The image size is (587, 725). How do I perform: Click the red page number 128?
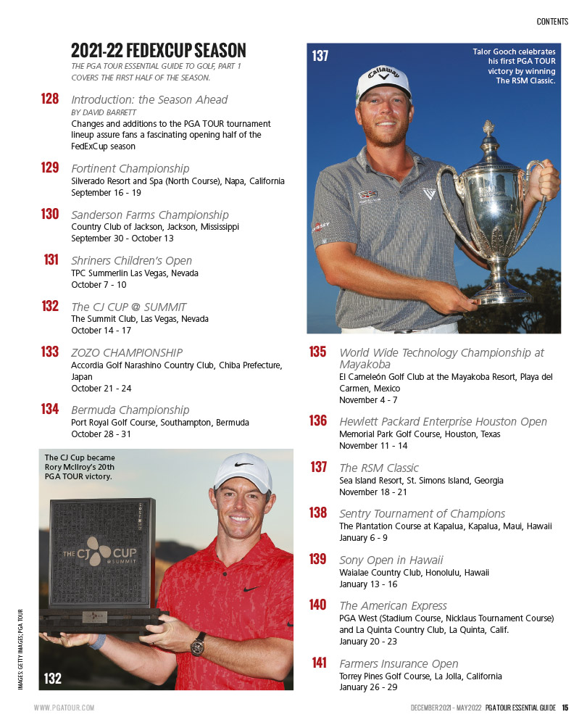tap(50, 99)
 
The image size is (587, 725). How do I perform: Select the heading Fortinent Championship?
tap(130, 168)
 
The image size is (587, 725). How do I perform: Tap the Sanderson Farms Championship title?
tap(150, 215)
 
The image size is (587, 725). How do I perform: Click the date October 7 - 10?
tap(99, 285)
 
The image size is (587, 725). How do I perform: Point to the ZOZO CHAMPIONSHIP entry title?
tap(127, 352)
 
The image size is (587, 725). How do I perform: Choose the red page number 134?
tap(50, 409)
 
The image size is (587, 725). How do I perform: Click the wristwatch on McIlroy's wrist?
tap(198, 642)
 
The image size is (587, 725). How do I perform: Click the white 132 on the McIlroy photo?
tap(53, 679)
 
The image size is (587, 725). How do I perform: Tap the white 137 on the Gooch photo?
tap(320, 55)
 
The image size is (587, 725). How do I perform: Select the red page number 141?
tap(319, 663)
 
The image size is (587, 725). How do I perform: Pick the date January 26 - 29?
tap(368, 687)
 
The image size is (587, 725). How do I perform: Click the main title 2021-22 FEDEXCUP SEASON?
tap(159, 51)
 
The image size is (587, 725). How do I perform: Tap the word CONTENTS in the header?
tap(552, 22)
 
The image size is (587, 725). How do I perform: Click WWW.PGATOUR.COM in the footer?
tap(64, 708)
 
